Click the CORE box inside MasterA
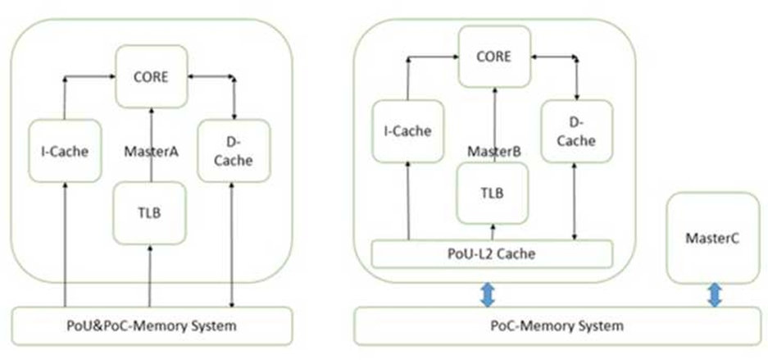click(152, 78)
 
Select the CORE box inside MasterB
click(493, 57)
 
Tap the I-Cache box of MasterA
click(65, 152)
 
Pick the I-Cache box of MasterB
click(407, 131)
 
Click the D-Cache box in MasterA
click(234, 152)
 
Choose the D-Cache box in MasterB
click(577, 131)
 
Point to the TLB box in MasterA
click(149, 212)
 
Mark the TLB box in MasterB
click(492, 193)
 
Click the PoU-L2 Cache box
click(492, 253)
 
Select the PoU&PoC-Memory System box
click(152, 326)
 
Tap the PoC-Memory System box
click(557, 326)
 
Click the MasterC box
click(713, 238)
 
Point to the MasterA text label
click(151, 152)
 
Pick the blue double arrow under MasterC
click(714, 295)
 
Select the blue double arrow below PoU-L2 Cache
click(488, 294)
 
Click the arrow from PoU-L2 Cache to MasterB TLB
click(493, 231)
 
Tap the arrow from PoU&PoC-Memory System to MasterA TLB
click(150, 275)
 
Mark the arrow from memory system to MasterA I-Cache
click(64, 246)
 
